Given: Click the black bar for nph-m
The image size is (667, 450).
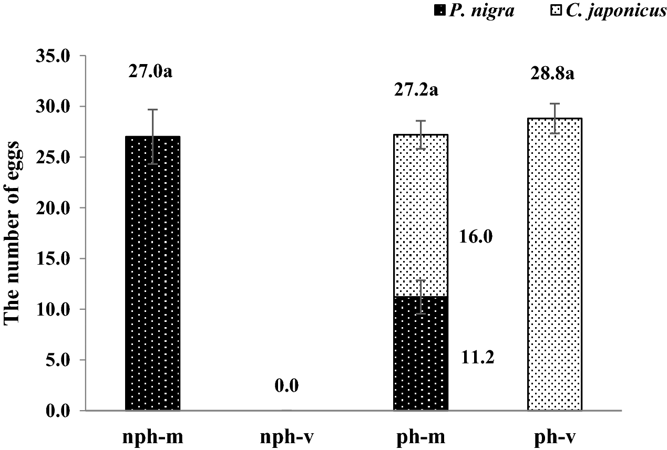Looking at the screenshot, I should pos(152,273).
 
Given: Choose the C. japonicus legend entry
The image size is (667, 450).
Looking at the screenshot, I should pos(599,11).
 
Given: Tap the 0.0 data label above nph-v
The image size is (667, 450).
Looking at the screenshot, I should pos(287,387).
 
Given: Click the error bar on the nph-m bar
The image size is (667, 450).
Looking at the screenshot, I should pos(152,137).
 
